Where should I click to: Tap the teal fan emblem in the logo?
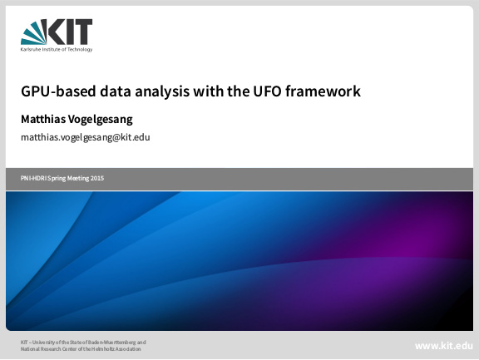(33, 32)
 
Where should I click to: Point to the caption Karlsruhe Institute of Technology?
(57, 49)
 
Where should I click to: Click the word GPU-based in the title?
(58, 91)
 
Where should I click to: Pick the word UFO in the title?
(267, 91)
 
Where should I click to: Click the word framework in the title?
(323, 91)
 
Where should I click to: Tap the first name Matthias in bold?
(42, 119)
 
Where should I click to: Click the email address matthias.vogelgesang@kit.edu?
(85, 137)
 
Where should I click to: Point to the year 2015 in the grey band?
(97, 178)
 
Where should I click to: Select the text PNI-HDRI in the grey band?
(33, 178)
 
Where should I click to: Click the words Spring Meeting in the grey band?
(68, 179)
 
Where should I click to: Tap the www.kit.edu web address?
(444, 346)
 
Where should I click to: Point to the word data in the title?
(116, 91)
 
